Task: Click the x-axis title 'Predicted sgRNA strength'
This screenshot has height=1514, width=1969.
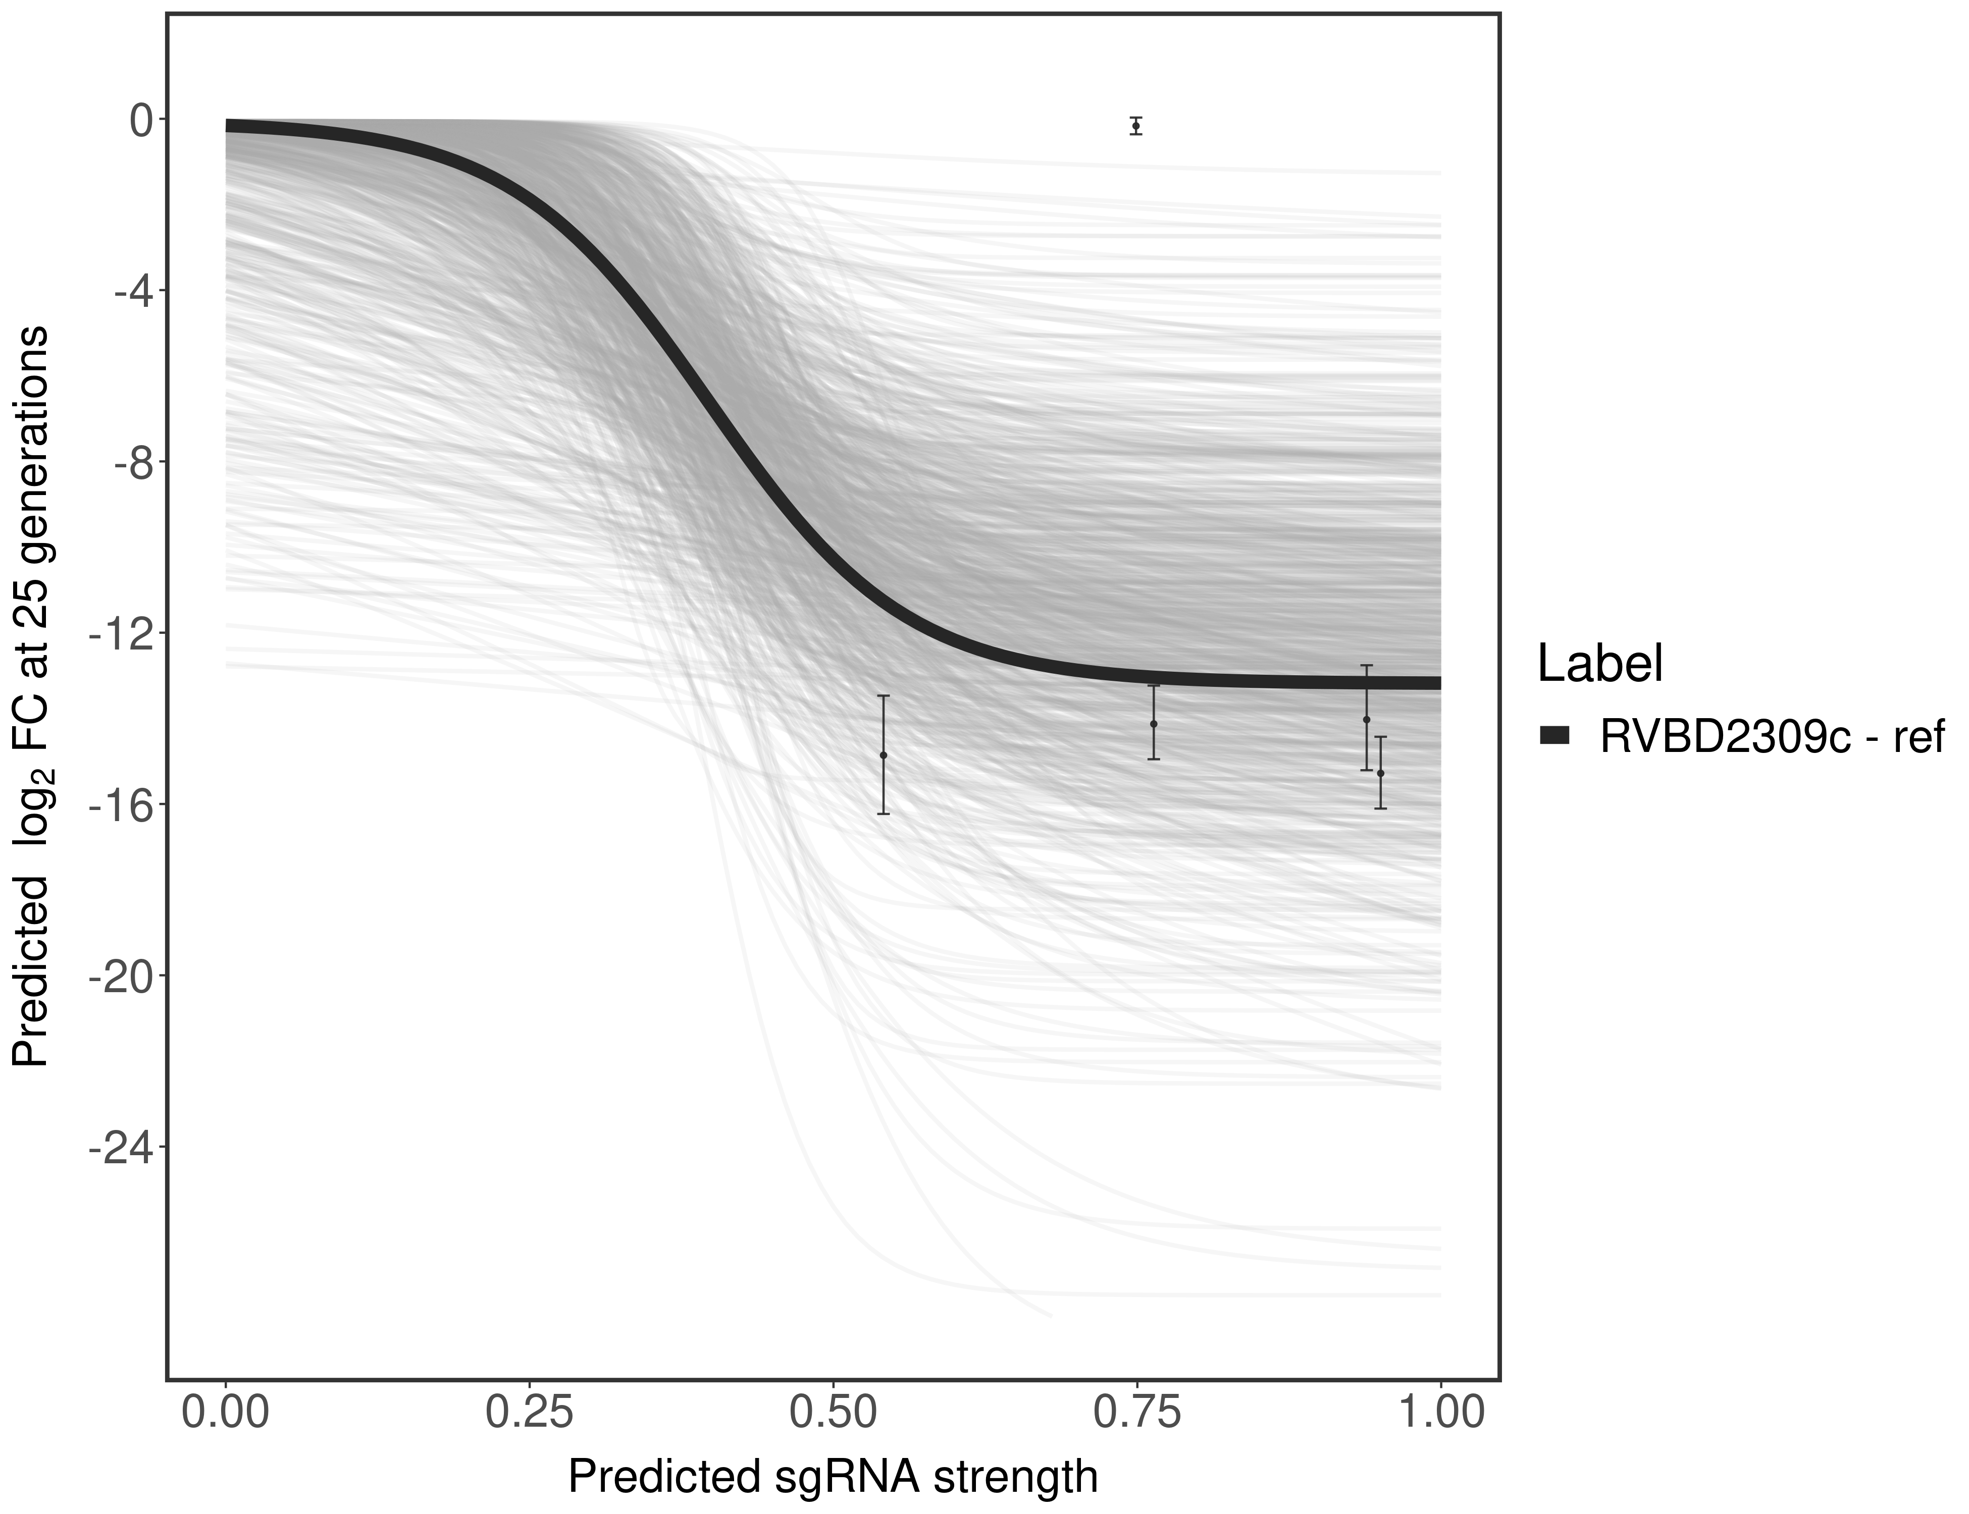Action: click(833, 1479)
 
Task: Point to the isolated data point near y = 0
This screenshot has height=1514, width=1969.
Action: click(1136, 126)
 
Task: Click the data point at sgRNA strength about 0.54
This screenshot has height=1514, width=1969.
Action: click(884, 755)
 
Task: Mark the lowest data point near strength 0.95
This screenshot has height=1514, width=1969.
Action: click(1380, 773)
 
